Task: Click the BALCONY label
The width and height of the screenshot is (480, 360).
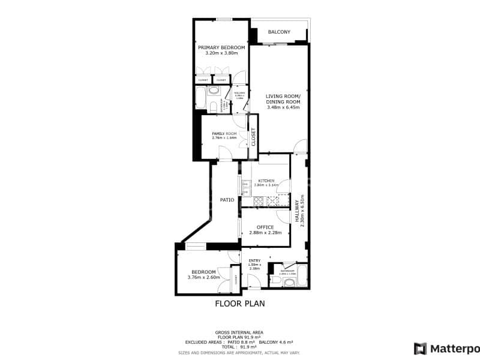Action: (279, 32)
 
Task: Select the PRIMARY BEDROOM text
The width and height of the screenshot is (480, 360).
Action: (221, 47)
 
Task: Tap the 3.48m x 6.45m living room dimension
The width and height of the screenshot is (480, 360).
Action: (284, 107)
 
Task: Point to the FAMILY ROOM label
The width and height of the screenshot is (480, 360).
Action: (224, 133)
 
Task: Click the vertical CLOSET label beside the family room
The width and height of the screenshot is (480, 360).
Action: (253, 137)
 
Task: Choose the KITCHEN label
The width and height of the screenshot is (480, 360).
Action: (266, 181)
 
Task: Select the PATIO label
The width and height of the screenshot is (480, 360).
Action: (227, 200)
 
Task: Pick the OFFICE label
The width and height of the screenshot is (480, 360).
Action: (265, 227)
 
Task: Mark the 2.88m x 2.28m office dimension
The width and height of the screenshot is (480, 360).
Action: (265, 232)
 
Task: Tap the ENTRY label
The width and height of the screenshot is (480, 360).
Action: (254, 260)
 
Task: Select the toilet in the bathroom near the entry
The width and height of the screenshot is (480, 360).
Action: (274, 280)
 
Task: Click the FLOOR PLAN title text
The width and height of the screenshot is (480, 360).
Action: (240, 304)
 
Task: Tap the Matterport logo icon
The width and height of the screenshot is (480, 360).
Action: (421, 348)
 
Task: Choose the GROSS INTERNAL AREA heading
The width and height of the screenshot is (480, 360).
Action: (239, 332)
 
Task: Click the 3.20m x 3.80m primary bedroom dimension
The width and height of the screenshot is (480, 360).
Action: (221, 53)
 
